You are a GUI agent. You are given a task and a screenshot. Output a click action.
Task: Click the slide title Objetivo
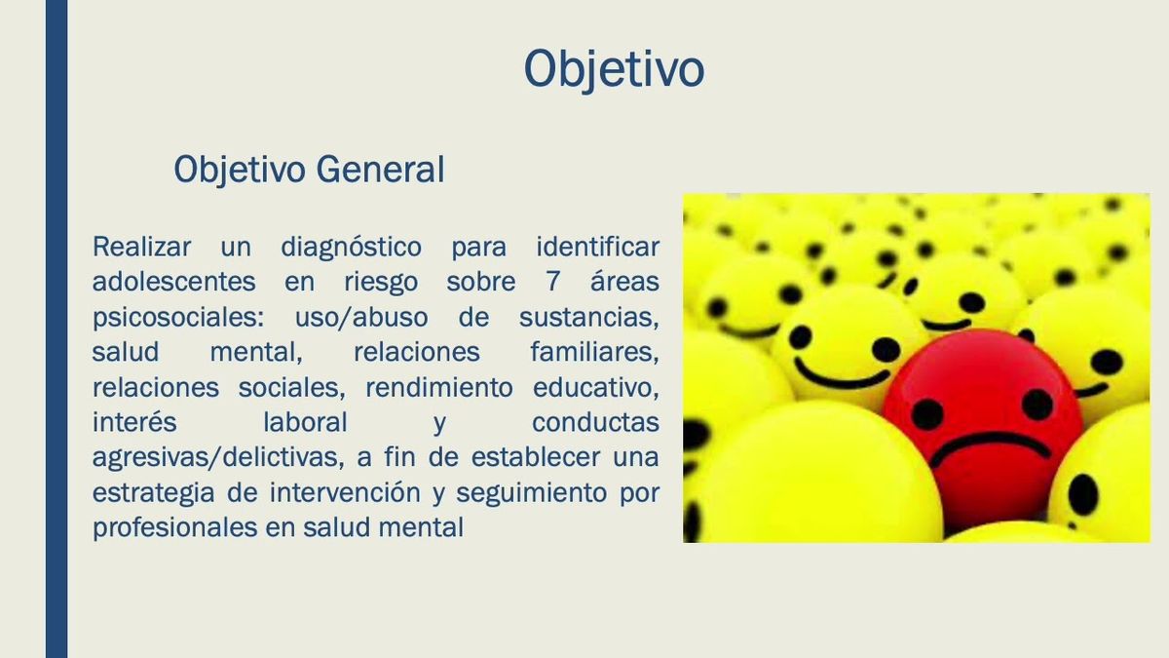[x=615, y=70]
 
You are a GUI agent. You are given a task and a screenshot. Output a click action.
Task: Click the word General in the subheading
[x=381, y=170]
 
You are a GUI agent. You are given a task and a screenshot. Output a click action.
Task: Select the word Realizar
[x=141, y=247]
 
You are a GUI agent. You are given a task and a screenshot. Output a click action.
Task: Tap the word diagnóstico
[x=352, y=248]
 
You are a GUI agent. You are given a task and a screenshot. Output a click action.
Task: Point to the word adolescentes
[x=173, y=282]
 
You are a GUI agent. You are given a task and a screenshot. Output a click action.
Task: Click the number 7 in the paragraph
[x=552, y=282]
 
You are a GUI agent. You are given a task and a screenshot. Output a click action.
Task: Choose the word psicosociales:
[x=178, y=318]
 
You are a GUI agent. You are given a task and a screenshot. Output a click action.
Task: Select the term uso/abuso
[x=361, y=318]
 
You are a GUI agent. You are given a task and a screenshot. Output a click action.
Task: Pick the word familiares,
[x=595, y=352]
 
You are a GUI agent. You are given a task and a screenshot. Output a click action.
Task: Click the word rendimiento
[x=439, y=388]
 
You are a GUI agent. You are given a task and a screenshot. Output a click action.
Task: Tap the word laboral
[x=305, y=422]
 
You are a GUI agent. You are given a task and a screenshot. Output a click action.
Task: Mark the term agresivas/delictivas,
[x=218, y=458]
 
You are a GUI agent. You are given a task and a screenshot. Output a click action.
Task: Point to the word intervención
[x=345, y=492]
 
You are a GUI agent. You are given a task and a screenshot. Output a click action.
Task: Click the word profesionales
[x=174, y=527]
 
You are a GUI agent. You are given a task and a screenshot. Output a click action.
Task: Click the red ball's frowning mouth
[x=990, y=447]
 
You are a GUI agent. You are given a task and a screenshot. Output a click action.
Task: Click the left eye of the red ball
[x=926, y=415]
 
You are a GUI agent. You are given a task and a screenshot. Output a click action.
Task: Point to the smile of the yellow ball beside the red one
[x=842, y=374]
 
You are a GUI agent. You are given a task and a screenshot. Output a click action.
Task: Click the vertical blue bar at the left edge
[x=57, y=329]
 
